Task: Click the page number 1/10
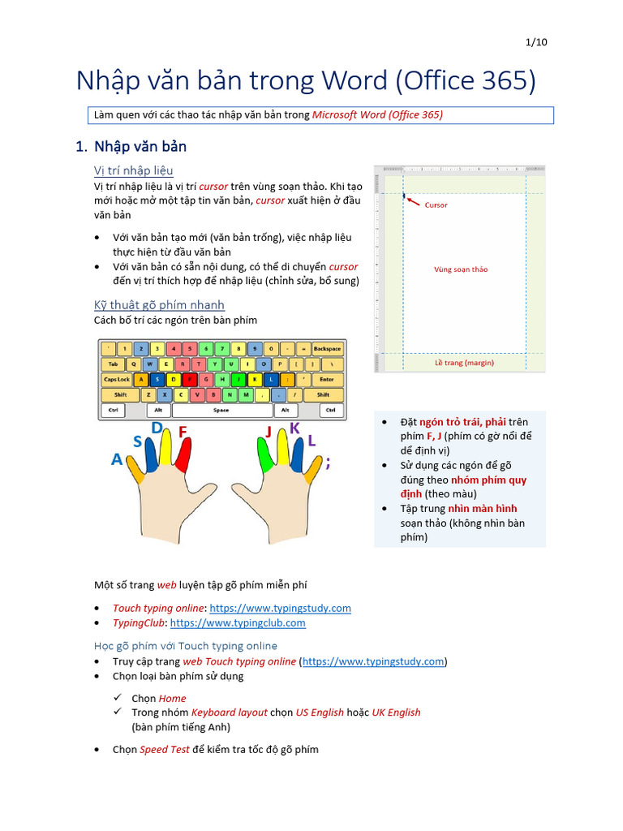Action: coord(537,42)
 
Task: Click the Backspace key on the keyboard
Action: coord(327,349)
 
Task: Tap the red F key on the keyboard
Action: coord(190,379)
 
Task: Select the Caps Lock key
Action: coord(117,379)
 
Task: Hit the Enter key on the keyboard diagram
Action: coord(327,379)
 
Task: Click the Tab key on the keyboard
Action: coord(112,364)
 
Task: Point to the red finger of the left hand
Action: coord(183,454)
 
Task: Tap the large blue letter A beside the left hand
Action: coord(118,459)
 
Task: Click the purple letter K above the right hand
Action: coord(294,428)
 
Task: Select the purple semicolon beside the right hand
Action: coord(328,463)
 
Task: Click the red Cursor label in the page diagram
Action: coord(436,205)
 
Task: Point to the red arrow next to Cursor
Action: coord(414,200)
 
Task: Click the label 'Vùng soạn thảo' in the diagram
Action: coord(461,269)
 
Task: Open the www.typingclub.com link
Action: coord(238,623)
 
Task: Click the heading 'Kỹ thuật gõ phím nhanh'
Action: coord(159,305)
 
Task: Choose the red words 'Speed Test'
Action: coord(165,750)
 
